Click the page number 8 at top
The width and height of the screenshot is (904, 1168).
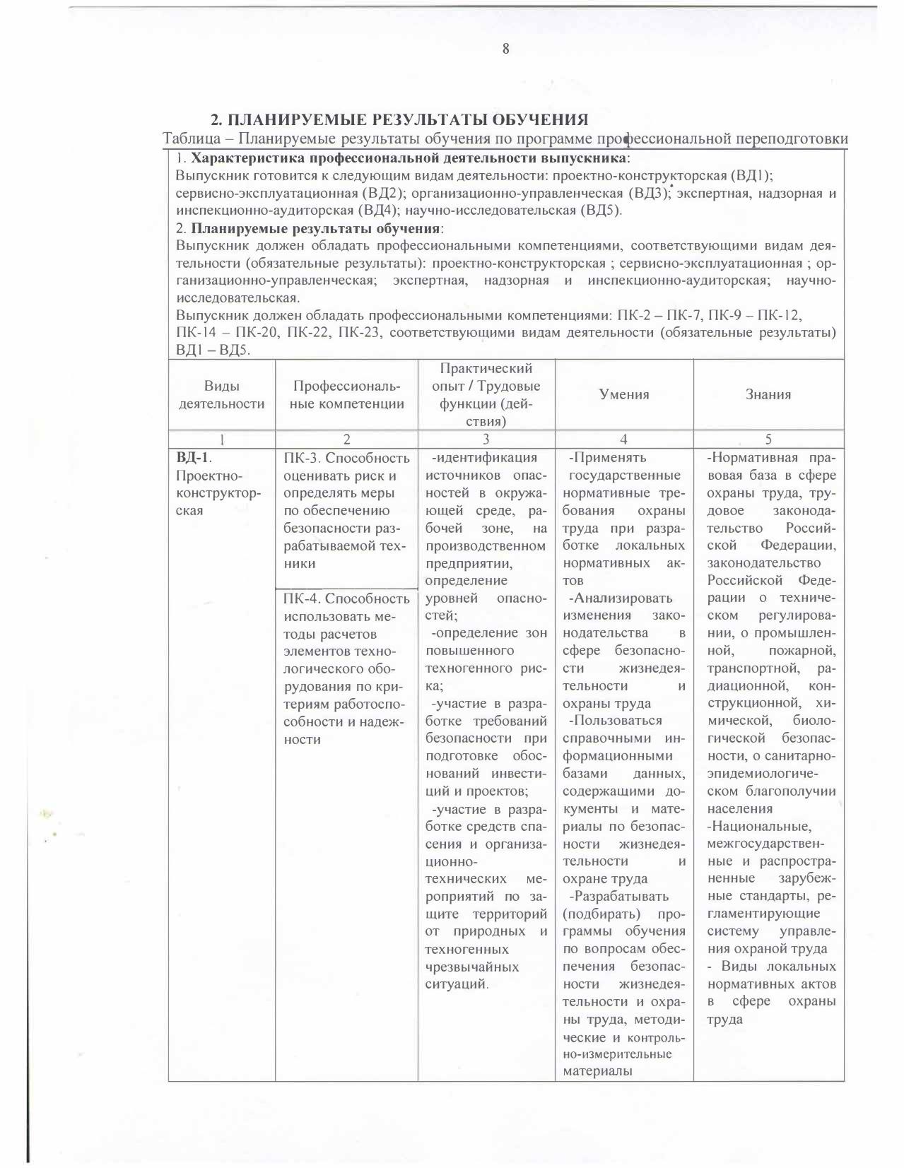[x=505, y=49]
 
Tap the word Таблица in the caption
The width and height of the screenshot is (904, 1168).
[x=187, y=138]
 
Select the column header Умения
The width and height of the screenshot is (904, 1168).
[x=624, y=395]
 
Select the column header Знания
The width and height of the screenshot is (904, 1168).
[x=768, y=395]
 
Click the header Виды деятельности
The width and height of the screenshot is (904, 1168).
[x=221, y=395]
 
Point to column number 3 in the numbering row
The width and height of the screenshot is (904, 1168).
[x=486, y=439]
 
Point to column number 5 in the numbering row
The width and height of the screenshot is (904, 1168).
[x=768, y=439]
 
